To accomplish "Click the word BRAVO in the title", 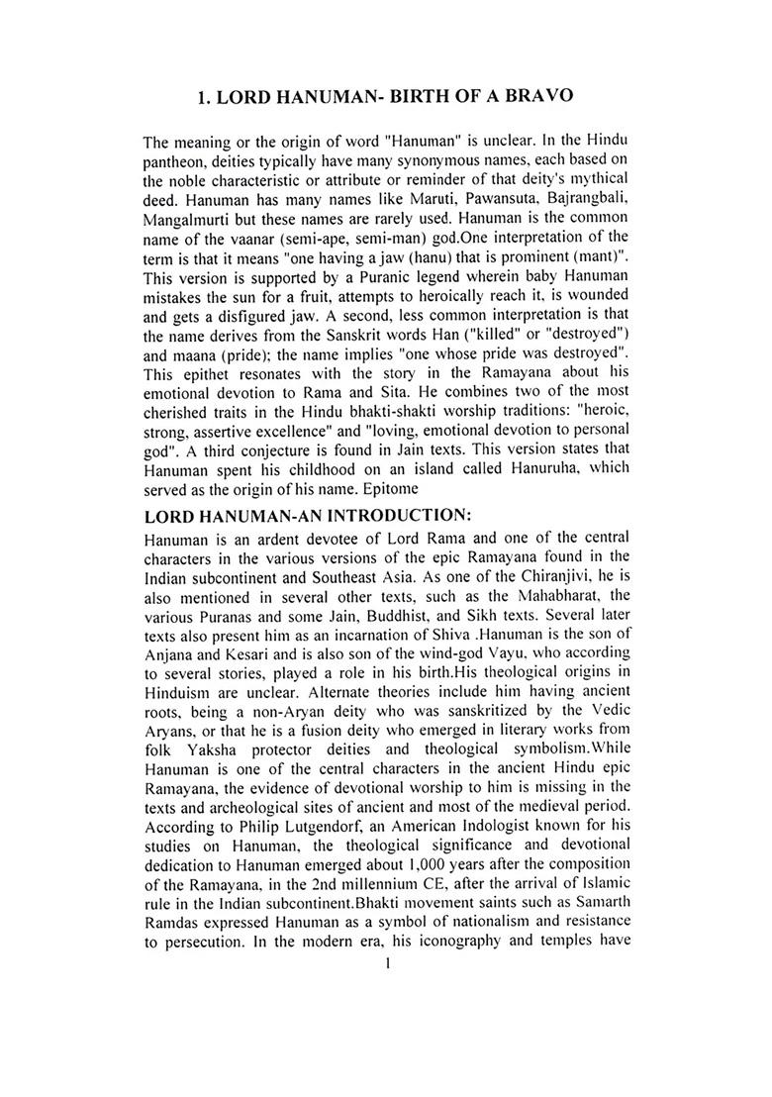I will click(x=532, y=97).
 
